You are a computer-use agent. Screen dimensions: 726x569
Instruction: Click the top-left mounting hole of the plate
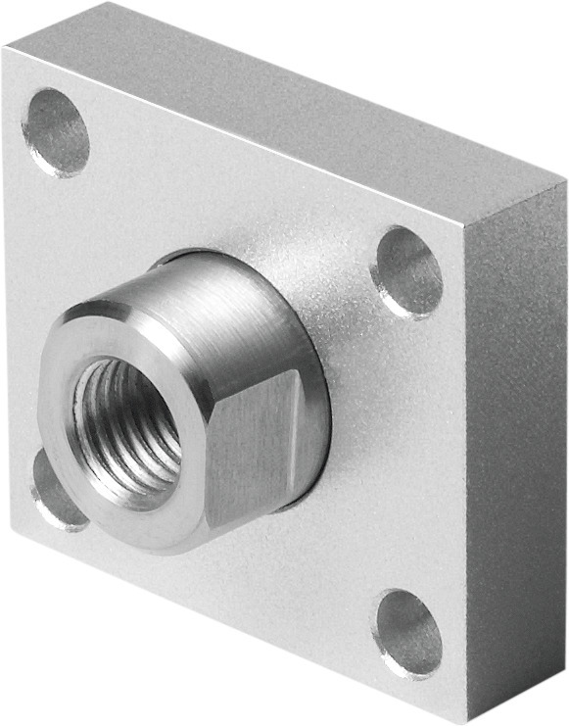(x=56, y=132)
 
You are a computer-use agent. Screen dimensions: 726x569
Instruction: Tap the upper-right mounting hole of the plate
(x=407, y=271)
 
